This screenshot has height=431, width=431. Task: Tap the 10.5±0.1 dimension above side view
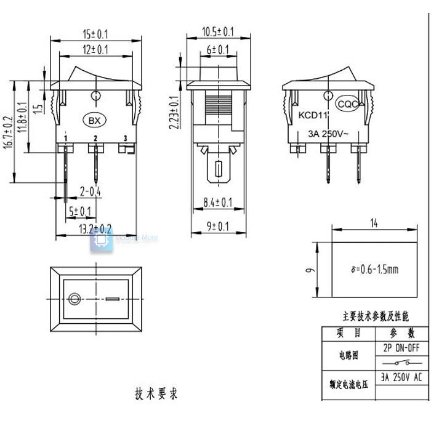click(x=218, y=31)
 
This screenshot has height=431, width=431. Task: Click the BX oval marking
click(x=94, y=119)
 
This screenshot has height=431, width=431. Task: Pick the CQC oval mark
click(x=348, y=104)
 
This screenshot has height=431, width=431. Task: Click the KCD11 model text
click(x=314, y=115)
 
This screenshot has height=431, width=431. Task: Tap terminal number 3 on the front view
click(x=126, y=139)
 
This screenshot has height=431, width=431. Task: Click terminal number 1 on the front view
click(x=66, y=139)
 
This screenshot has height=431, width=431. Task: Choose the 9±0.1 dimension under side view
click(x=218, y=227)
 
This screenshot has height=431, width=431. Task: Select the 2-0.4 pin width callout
click(x=90, y=192)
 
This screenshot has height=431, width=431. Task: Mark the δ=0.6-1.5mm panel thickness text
click(x=374, y=270)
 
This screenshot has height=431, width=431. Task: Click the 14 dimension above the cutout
click(x=374, y=223)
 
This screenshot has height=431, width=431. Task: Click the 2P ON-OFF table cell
click(x=401, y=348)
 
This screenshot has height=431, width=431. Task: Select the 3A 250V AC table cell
click(x=401, y=377)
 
